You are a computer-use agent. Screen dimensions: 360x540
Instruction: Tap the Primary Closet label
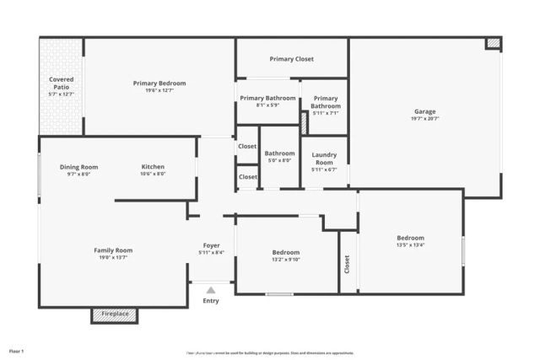[x=291, y=59]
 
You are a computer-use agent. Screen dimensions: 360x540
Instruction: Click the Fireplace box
[x=115, y=314]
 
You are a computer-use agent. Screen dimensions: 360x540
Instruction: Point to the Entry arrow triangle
[x=211, y=290]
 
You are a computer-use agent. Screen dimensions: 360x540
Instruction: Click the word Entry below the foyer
[x=211, y=301]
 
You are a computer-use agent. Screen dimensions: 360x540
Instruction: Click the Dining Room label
[x=78, y=167]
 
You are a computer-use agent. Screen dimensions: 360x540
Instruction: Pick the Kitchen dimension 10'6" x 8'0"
[x=153, y=175]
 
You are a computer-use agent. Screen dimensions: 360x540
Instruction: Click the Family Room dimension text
[x=112, y=258]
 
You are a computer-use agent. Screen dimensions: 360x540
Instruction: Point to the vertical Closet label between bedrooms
[x=348, y=264]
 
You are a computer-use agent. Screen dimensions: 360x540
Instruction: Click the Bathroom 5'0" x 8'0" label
[x=279, y=157]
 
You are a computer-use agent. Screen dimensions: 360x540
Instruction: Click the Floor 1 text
[x=17, y=351]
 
